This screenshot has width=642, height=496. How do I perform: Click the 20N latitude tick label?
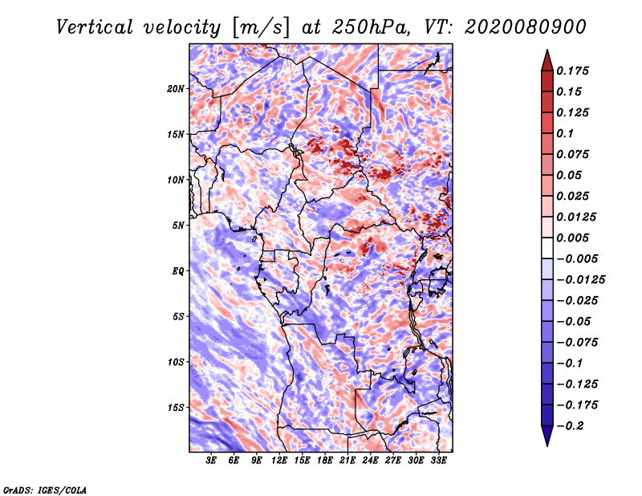pos(176,88)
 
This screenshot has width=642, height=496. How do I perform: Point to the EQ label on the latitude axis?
pos(177,270)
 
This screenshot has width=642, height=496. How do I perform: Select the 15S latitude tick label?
pos(176,407)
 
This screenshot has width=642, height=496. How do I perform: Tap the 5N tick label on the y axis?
pos(177,225)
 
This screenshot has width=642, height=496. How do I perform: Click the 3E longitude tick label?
pos(212,461)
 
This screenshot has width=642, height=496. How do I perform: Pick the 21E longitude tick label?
pos(347,461)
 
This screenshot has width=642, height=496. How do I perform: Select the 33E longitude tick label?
pos(438,461)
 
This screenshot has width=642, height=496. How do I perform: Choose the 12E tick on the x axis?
pos(279,461)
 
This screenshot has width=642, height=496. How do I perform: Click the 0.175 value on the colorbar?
pos(575,71)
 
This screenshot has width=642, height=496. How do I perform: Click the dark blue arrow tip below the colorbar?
pos(546,440)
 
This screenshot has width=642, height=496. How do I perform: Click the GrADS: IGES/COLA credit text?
pos(44,489)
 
